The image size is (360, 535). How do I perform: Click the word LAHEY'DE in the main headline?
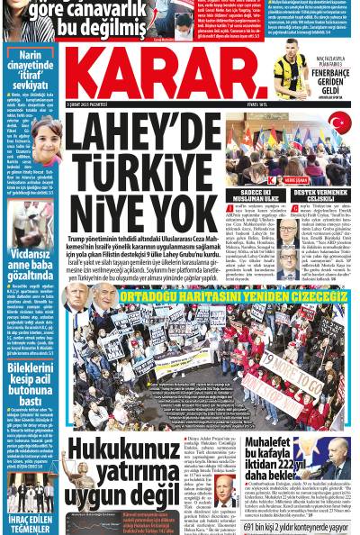(143, 137)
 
